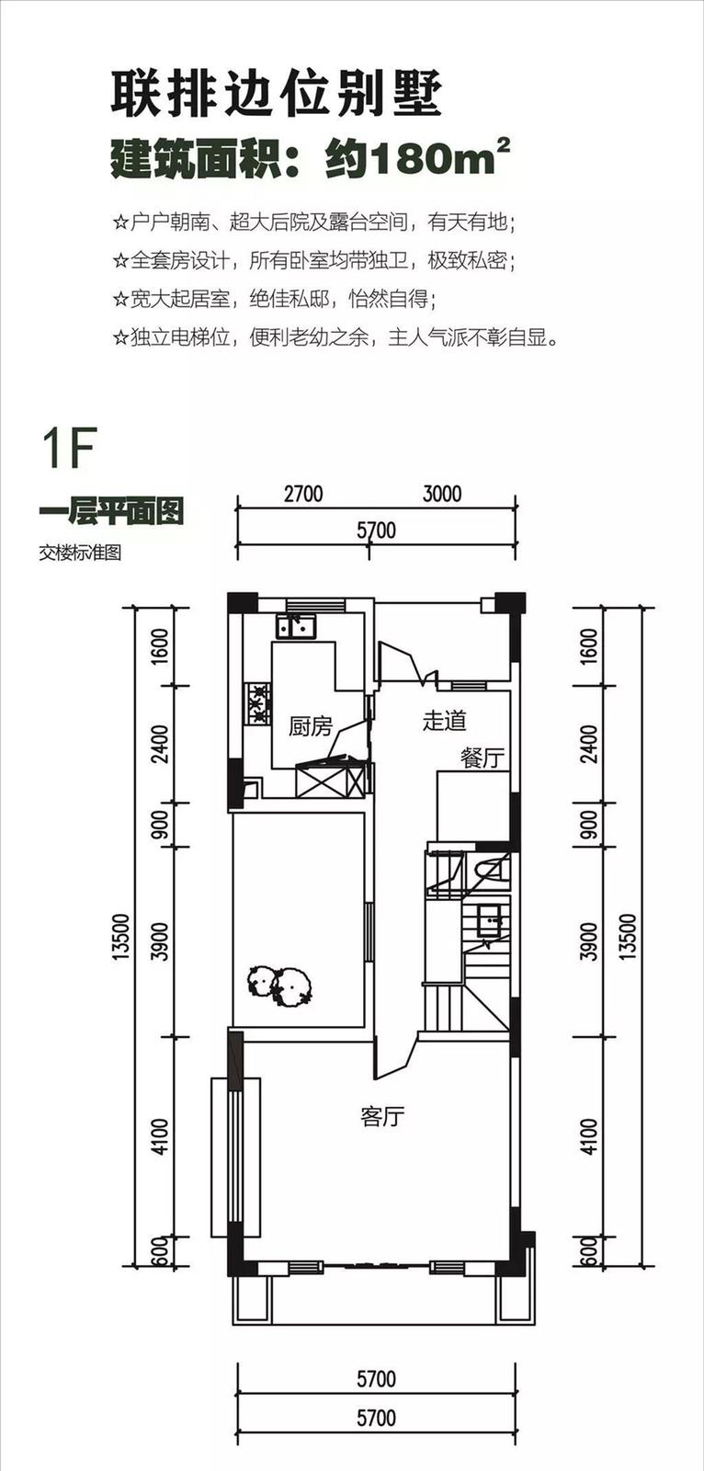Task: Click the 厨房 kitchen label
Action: coord(311,727)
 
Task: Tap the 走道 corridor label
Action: coord(445,721)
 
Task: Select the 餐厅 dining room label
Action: coord(483,758)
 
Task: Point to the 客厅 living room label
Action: coord(383,1116)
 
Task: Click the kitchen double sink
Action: coord(296,626)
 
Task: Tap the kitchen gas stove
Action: coord(257,704)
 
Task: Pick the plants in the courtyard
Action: coord(279,986)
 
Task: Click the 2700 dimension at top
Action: coord(303,494)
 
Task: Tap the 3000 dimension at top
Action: coord(442,494)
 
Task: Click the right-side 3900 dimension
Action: coord(589,941)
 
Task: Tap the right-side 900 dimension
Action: coord(589,825)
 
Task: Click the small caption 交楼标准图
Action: coord(80,553)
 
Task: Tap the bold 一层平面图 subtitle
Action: coord(111,512)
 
